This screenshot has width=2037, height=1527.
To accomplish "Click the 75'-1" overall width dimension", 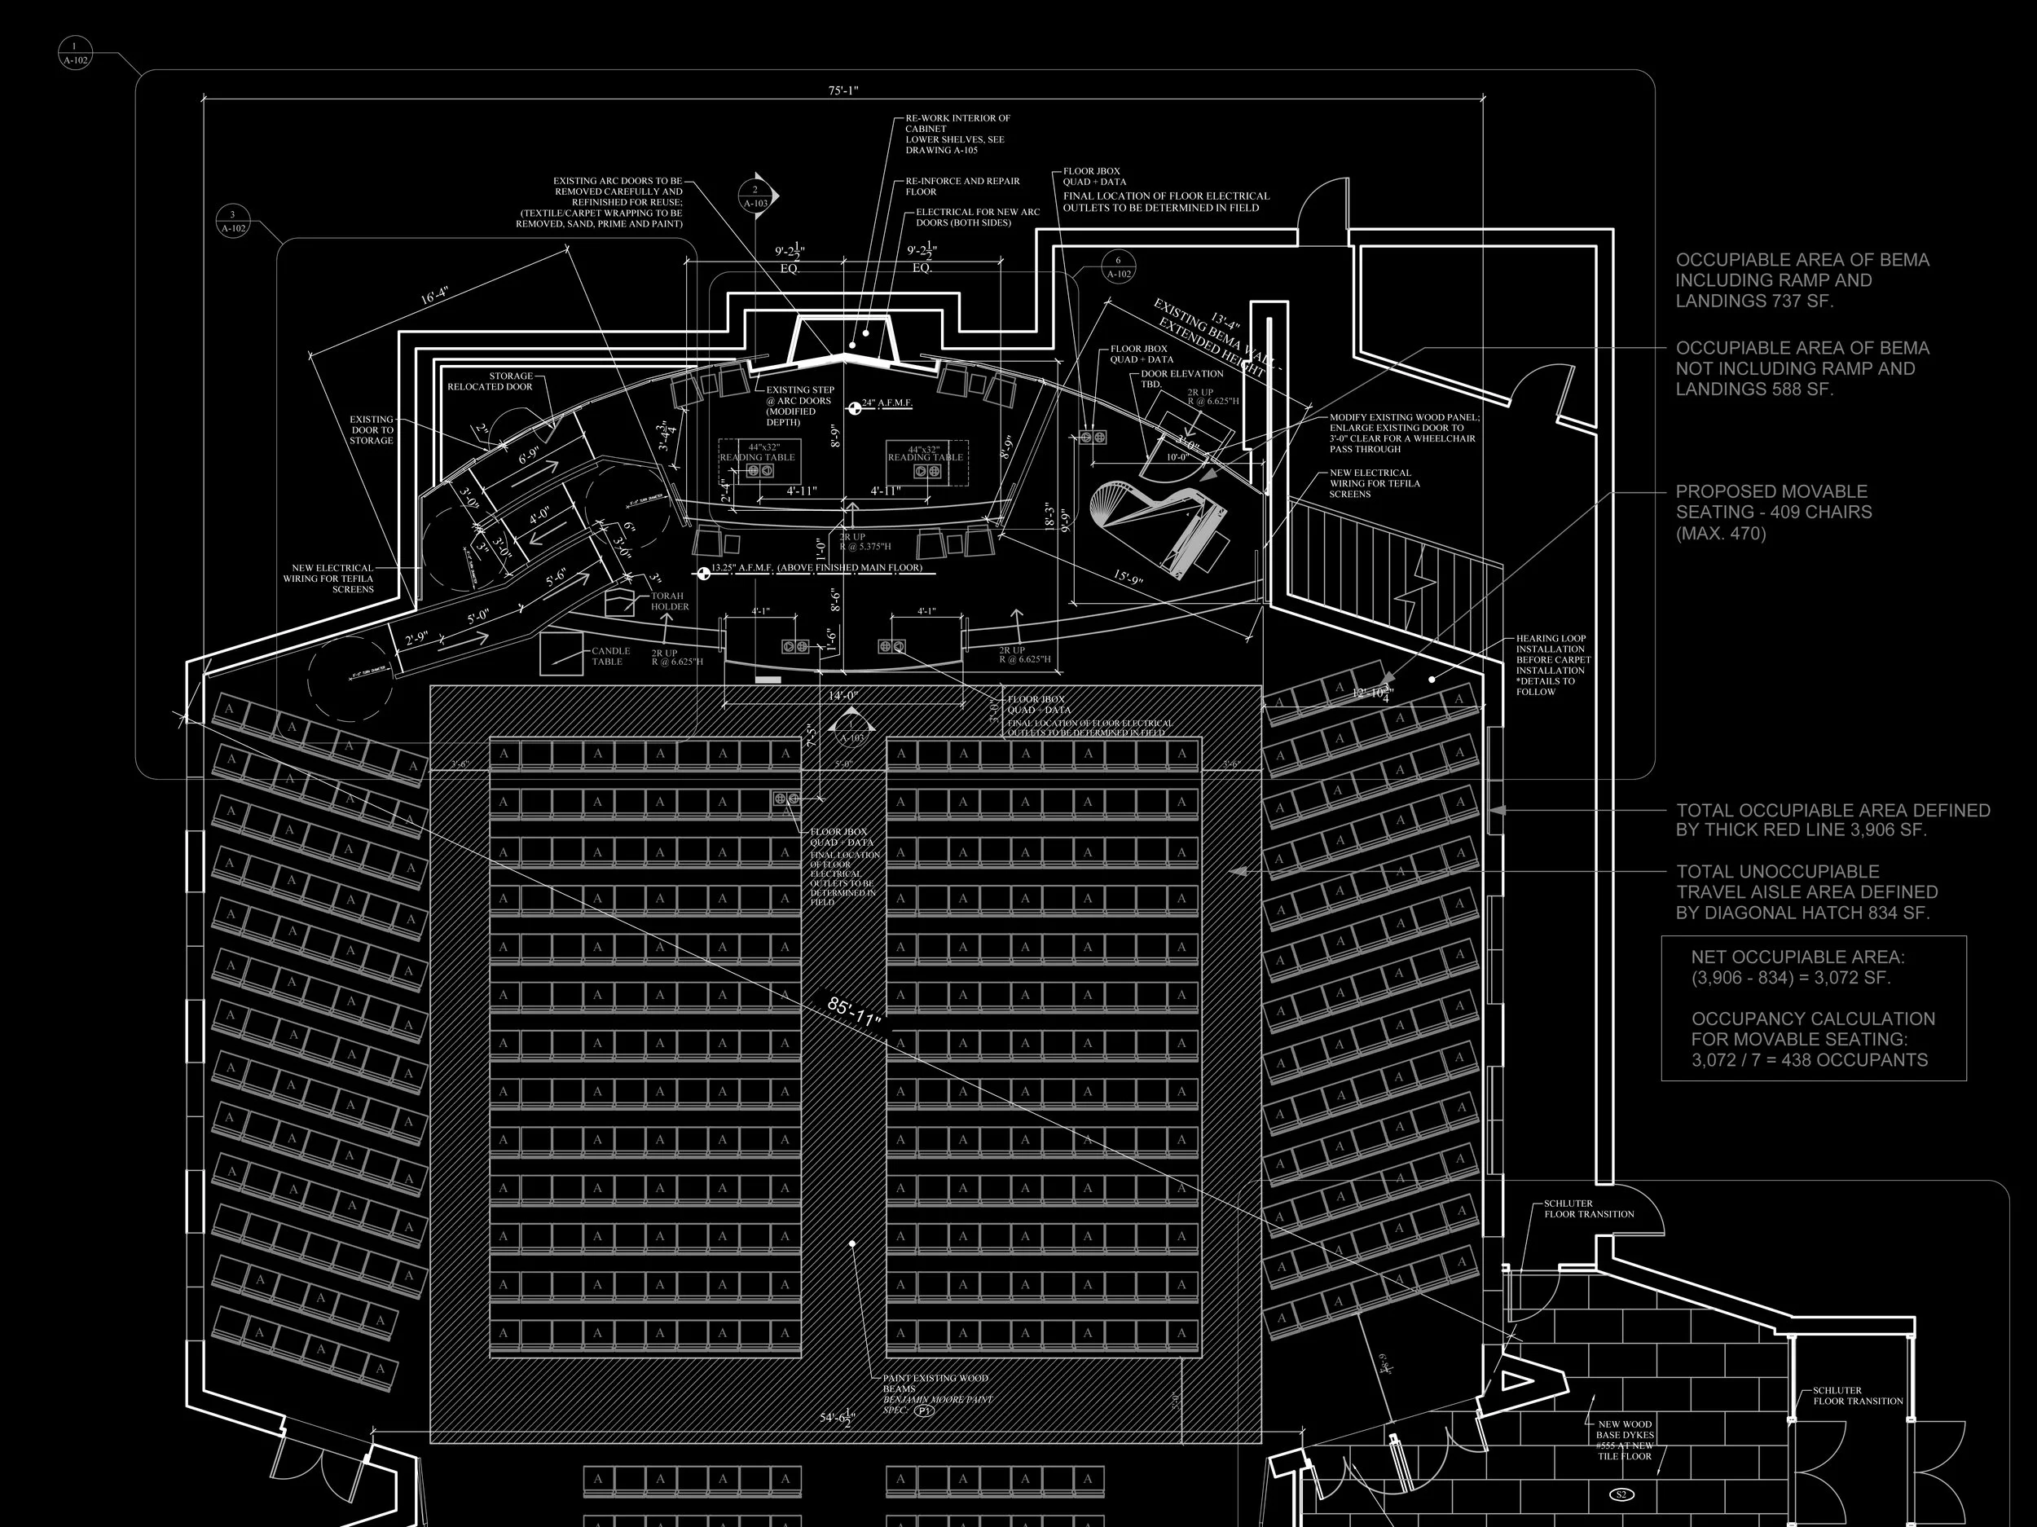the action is (843, 90).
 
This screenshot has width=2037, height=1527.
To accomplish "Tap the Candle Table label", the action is (610, 656).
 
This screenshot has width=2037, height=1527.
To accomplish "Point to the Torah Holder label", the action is (670, 601).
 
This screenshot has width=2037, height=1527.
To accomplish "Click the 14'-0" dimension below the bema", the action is (843, 695).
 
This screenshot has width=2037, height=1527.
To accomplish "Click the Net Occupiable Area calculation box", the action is (1812, 1009).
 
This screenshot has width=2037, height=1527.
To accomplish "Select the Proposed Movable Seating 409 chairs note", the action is (1773, 512).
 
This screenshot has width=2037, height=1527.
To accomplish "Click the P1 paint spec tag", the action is (924, 1410).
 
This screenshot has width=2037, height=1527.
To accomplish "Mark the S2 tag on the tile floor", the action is (1621, 1494).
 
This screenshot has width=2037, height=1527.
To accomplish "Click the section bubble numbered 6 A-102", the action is (1118, 267).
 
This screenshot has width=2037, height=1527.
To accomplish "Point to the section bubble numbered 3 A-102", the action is (233, 221).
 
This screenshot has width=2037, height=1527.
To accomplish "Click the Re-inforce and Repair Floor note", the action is (962, 186).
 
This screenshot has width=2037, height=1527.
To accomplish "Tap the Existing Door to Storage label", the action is (371, 430).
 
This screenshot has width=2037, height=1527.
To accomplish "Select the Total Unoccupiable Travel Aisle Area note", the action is (1806, 891).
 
